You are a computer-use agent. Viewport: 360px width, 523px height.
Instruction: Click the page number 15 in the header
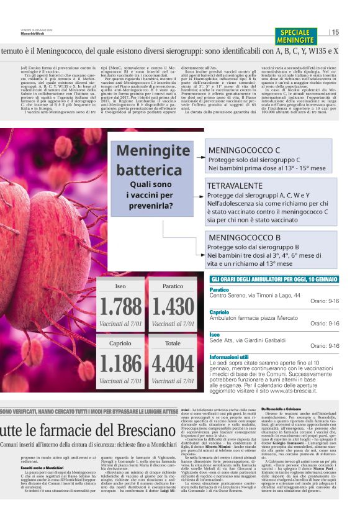click(336, 32)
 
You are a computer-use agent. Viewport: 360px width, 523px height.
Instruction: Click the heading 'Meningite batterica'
click(153, 160)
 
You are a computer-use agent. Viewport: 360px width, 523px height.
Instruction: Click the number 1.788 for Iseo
click(120, 307)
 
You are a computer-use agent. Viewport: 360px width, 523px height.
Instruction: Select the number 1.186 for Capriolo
click(120, 363)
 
